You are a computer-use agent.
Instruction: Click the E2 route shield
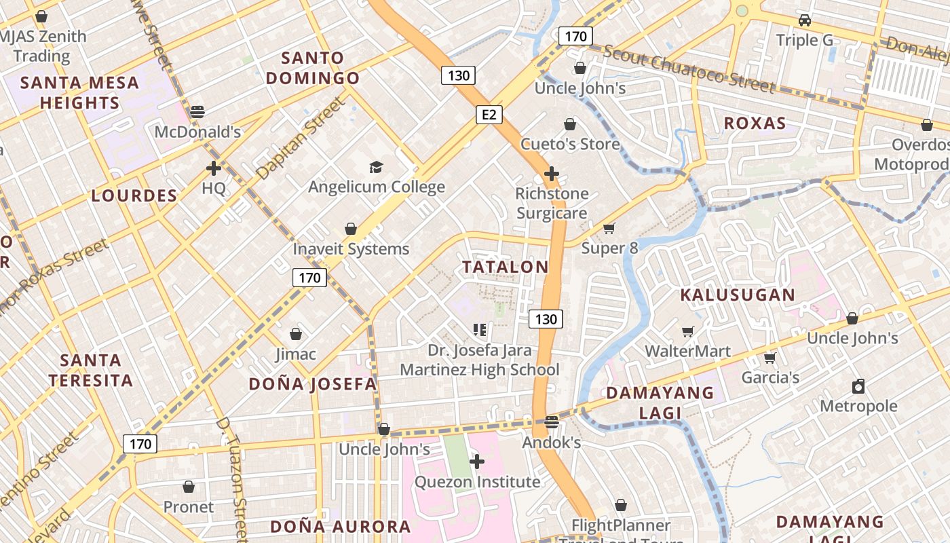(489, 115)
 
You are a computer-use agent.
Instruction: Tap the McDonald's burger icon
(197, 112)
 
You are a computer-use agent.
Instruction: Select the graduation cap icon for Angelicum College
(376, 167)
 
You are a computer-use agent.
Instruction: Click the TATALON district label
(506, 267)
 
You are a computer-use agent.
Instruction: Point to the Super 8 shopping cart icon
(609, 229)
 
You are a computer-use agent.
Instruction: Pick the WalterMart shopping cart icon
(688, 331)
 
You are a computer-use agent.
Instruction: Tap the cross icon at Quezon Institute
(477, 462)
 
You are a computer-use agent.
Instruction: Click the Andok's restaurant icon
(552, 422)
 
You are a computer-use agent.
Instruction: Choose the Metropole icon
(858, 386)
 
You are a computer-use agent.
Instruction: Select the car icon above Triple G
(805, 20)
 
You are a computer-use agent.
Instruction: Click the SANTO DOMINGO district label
(313, 68)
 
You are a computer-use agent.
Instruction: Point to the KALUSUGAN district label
(738, 295)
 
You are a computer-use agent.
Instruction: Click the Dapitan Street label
(301, 138)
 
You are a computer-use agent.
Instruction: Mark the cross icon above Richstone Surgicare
(552, 174)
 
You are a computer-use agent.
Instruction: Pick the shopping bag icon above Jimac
(296, 334)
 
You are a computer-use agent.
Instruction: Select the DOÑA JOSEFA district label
(312, 384)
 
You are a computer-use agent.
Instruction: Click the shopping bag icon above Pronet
(189, 487)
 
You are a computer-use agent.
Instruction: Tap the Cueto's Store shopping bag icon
(570, 124)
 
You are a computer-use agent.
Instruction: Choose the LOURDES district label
(134, 195)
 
